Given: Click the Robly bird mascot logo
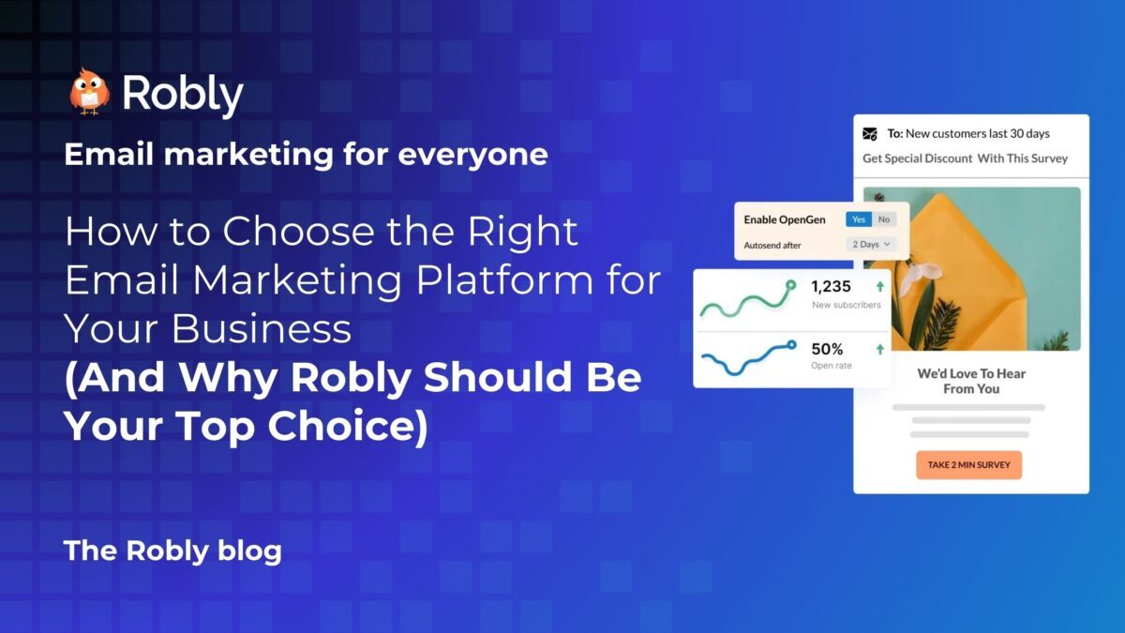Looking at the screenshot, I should coord(89,92).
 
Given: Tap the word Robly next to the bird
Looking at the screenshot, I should coord(182,94).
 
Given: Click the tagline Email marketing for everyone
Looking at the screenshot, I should coord(306,154).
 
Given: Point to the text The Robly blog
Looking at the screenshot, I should coord(172,550).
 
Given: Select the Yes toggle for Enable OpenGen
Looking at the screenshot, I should coord(858,219).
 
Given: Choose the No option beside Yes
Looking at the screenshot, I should coord(884,219).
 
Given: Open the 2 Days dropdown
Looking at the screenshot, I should coord(871,244).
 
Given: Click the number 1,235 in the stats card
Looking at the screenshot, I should coord(831,287).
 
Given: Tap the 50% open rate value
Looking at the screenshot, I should coord(827,349).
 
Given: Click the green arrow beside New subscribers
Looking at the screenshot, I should coord(879,287).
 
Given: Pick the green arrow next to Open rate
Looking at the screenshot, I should coord(879,349).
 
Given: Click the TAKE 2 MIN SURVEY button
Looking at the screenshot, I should coord(968,464).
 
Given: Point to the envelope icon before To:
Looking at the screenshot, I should coord(870,134).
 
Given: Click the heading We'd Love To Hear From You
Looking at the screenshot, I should coord(971,381).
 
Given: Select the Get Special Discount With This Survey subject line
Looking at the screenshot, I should coord(965,158).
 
